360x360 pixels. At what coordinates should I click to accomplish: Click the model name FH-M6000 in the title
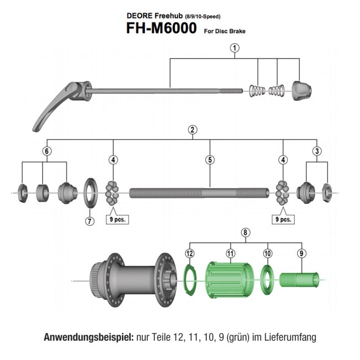coord(161,29)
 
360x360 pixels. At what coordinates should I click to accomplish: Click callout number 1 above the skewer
coord(234,48)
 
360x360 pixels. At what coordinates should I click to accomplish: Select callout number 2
coord(193,130)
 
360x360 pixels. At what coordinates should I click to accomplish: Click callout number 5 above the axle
coord(210,159)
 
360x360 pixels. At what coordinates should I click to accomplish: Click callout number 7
coord(90,221)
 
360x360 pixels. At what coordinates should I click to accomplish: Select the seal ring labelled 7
coord(92,193)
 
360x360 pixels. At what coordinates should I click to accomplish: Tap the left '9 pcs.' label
coord(119,220)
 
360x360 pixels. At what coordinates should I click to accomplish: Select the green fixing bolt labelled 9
coord(299,279)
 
